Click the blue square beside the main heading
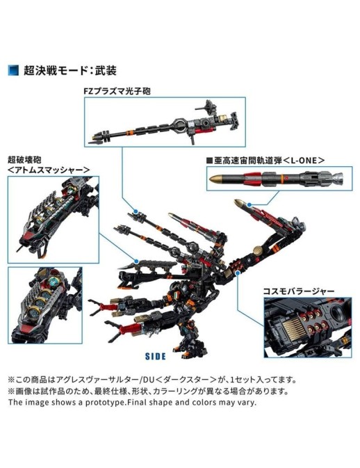pyautogui.click(x=14, y=70)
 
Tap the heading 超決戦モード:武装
pyautogui.click(x=70, y=70)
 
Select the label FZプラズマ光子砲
pyautogui.click(x=117, y=90)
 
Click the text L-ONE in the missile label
pyautogui.click(x=304, y=160)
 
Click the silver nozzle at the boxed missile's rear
pyautogui.click(x=340, y=178)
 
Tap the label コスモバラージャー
pyautogui.click(x=299, y=291)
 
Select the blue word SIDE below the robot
pyautogui.click(x=156, y=356)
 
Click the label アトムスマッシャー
pyautogui.click(x=49, y=170)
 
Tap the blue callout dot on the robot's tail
pyautogui.click(x=238, y=273)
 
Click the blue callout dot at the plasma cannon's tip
pyautogui.click(x=136, y=211)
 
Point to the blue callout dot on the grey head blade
pyautogui.click(x=136, y=261)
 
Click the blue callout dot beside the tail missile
pyautogui.click(x=249, y=204)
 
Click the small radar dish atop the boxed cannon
pyautogui.click(x=208, y=106)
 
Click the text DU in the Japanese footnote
pyautogui.click(x=149, y=380)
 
